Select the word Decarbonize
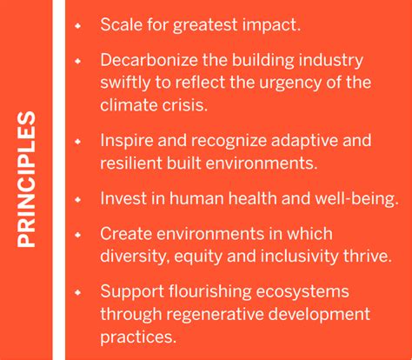coord(148,62)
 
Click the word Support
coord(130,290)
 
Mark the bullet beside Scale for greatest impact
coord(78,25)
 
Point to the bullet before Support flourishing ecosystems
coord(78,291)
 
